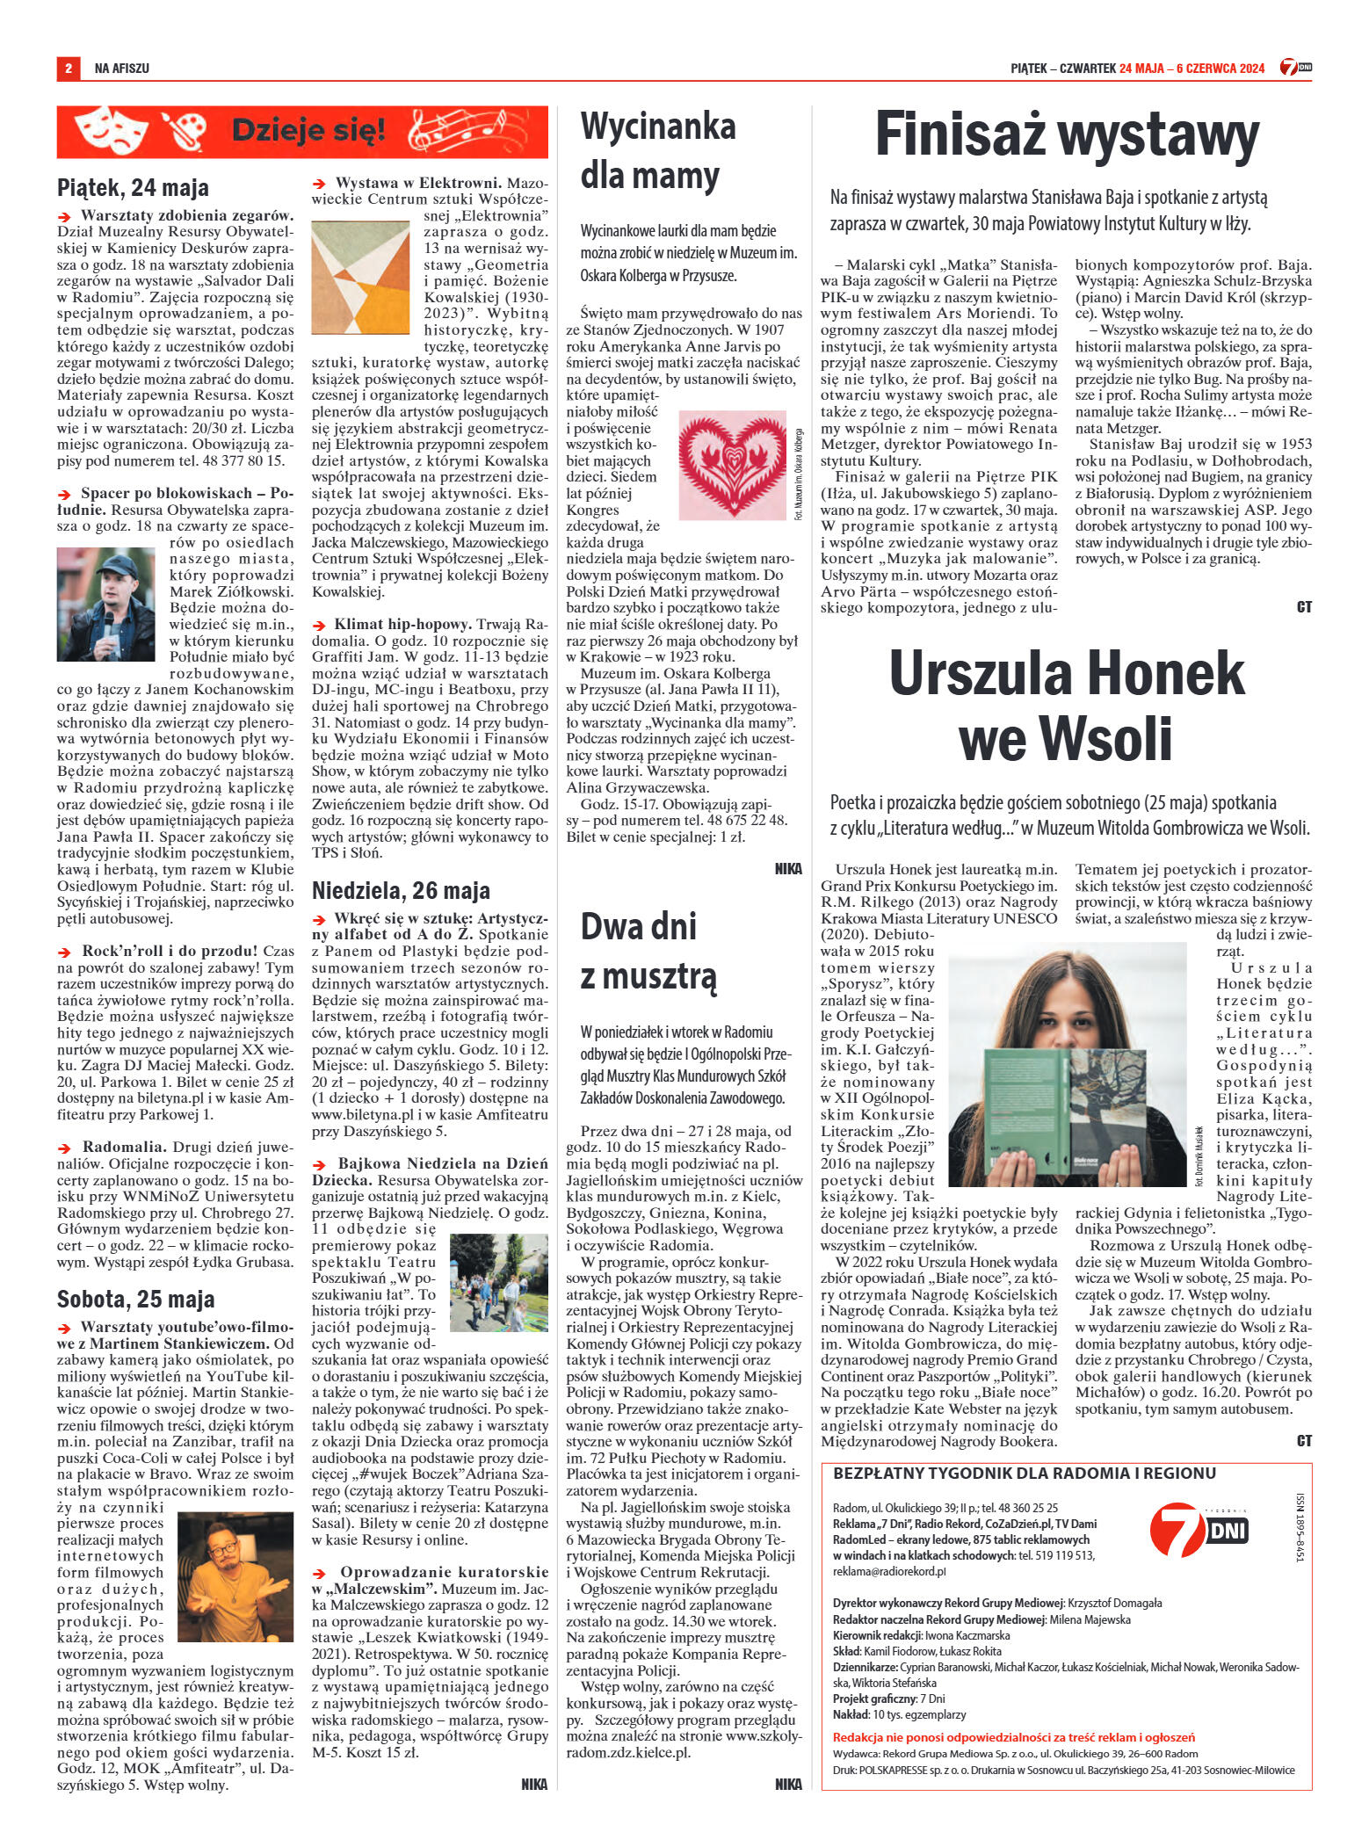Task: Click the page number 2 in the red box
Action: click(x=68, y=68)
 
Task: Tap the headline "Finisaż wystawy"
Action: click(x=1067, y=136)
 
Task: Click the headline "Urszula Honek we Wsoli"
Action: click(x=1067, y=706)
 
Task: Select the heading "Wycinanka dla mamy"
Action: click(x=658, y=151)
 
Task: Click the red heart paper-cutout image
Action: click(x=734, y=465)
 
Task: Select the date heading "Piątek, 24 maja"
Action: click(x=133, y=187)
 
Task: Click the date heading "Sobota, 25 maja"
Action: click(x=135, y=1299)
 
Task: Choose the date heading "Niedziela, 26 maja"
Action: click(x=401, y=890)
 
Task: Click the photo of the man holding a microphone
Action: click(x=105, y=605)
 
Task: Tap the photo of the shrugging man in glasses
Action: click(x=235, y=1577)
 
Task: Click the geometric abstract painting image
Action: click(x=360, y=277)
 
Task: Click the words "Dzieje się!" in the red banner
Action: click(x=308, y=132)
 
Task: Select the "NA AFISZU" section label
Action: click(x=121, y=68)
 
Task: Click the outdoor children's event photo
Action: click(x=498, y=1282)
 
